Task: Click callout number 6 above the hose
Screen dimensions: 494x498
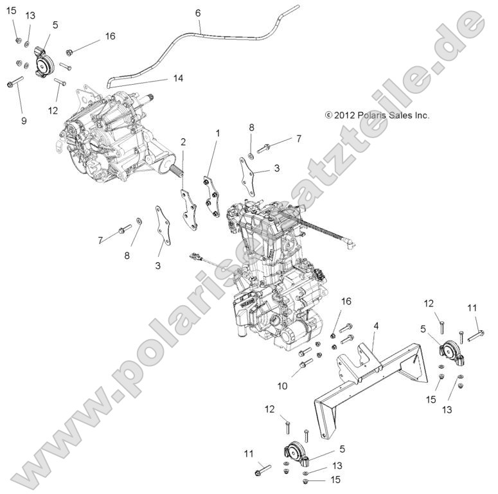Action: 197,13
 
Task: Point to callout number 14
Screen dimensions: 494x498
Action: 178,78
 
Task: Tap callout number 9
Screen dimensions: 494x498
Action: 24,120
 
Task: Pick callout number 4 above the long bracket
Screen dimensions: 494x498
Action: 376,326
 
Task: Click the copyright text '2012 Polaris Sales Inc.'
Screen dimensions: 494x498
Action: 377,116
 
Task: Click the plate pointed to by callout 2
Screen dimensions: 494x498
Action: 188,209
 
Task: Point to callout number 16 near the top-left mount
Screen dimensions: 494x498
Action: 110,36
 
